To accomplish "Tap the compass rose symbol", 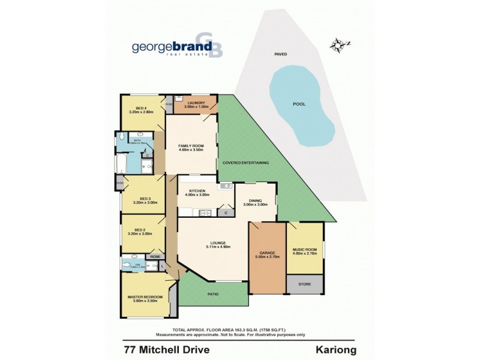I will [x=340, y=44].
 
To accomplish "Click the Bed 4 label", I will [x=141, y=109].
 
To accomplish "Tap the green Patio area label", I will [x=212, y=294].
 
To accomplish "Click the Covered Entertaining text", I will [x=245, y=163].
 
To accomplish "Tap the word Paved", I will [x=281, y=54].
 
